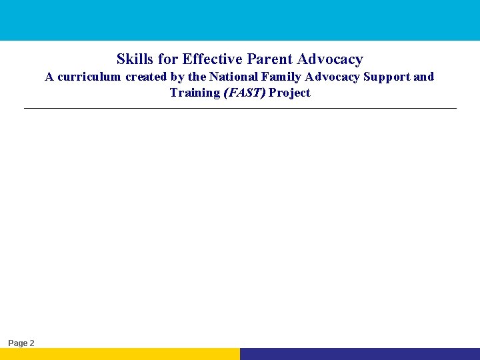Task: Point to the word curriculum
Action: click(x=89, y=77)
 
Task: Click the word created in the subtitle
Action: click(x=146, y=77)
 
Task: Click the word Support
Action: click(x=387, y=77)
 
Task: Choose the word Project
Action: click(x=289, y=93)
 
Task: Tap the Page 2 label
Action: click(x=21, y=343)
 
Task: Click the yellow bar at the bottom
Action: click(x=120, y=354)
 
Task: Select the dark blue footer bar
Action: click(x=360, y=354)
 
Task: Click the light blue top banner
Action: click(x=240, y=20)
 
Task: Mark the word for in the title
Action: click(x=168, y=59)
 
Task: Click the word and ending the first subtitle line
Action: click(x=423, y=77)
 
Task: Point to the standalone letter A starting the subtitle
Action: click(x=49, y=77)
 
